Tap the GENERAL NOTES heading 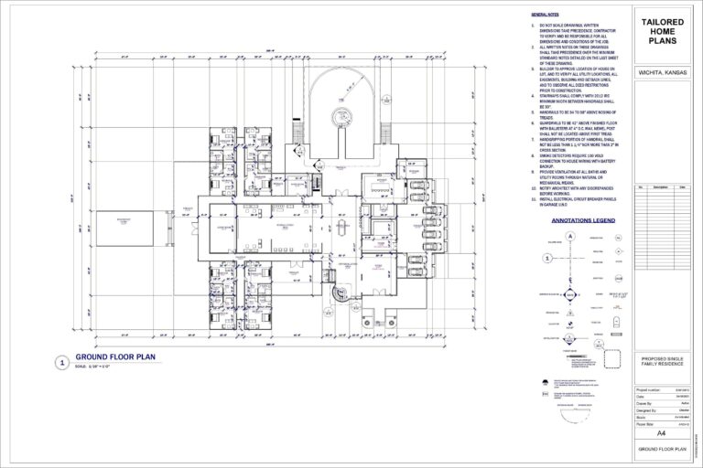tap(546, 16)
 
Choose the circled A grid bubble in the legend tap(570, 236)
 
